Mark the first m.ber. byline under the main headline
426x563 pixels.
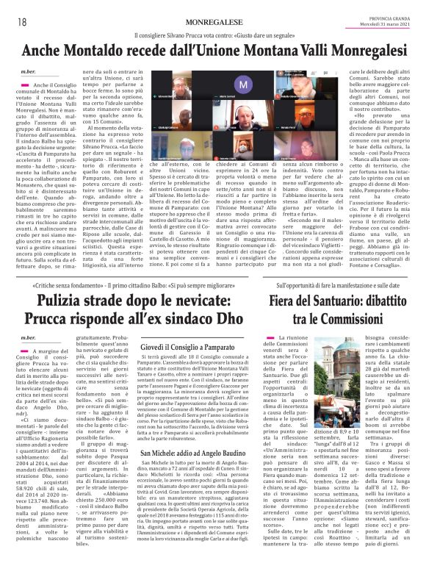click(29, 71)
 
